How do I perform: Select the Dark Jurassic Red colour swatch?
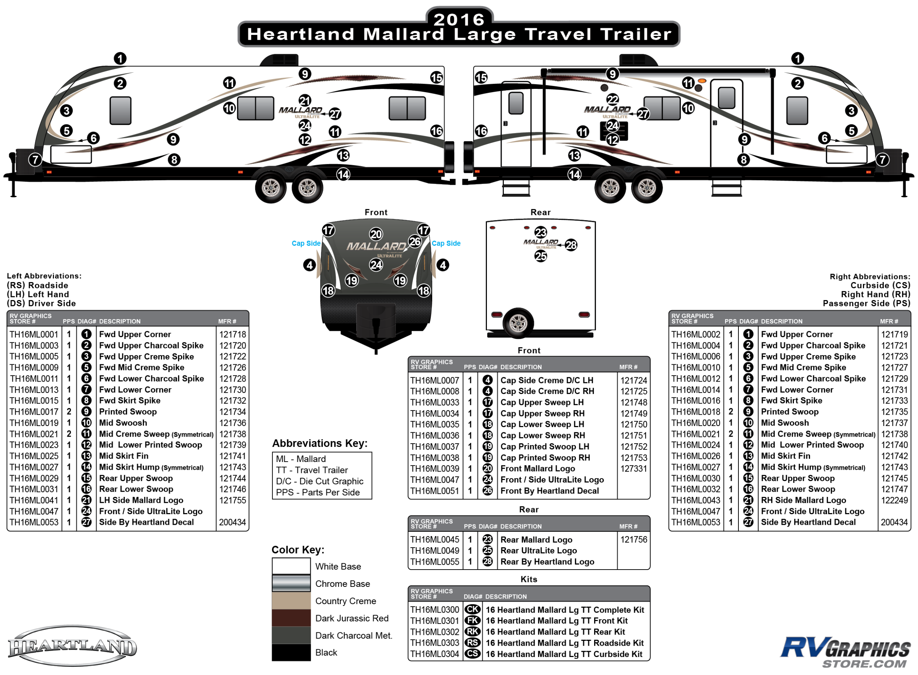[x=291, y=618]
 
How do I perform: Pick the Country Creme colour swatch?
[x=291, y=601]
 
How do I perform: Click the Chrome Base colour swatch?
[x=291, y=584]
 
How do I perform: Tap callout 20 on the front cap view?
[x=376, y=234]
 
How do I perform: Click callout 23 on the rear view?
[x=541, y=232]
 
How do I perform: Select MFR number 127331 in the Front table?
[x=633, y=469]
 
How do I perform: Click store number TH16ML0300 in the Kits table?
[x=434, y=609]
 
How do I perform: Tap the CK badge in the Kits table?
[x=472, y=609]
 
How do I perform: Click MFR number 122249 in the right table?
[x=894, y=500]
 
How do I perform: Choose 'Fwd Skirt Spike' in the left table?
[x=130, y=400]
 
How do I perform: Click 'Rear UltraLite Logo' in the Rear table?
[x=538, y=551]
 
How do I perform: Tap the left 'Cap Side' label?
[x=306, y=243]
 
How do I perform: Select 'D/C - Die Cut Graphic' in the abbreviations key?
[x=319, y=481]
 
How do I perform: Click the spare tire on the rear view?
[x=518, y=323]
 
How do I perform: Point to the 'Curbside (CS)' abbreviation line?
[x=880, y=285]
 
